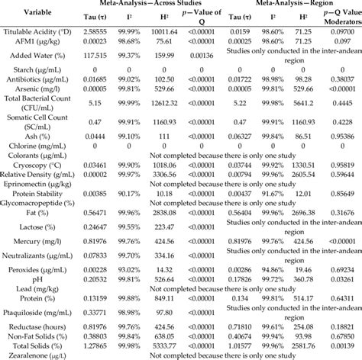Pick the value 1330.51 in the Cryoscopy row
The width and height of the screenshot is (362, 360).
point(300,164)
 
